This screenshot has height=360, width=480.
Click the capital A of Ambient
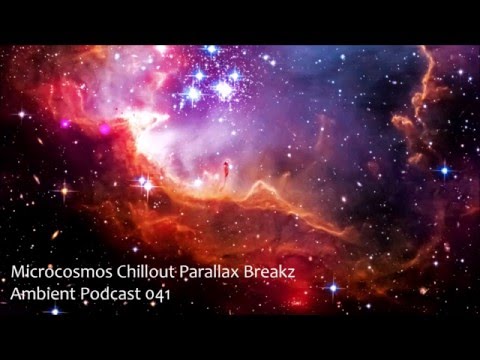[x=12, y=296]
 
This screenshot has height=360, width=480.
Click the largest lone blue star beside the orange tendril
[x=443, y=171]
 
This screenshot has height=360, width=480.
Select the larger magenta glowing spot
[x=104, y=128]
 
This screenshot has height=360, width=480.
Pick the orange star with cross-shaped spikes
[x=67, y=189]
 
